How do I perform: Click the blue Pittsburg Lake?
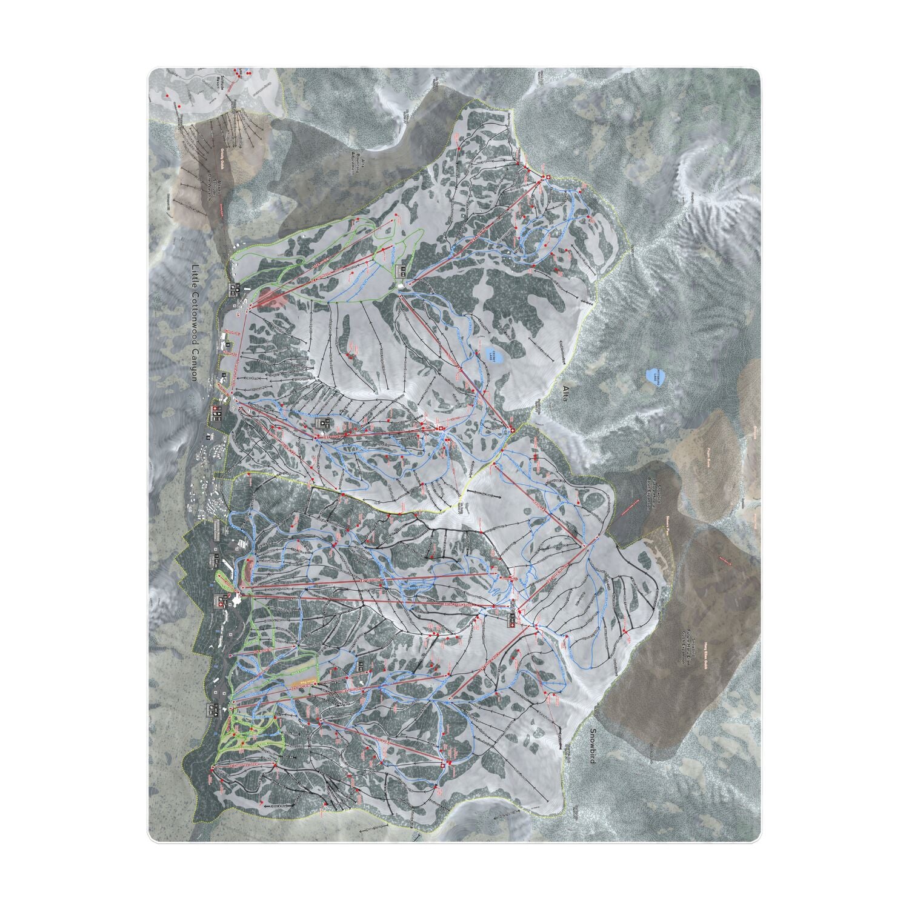click(x=654, y=375)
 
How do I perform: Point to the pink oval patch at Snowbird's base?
click(x=250, y=570)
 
